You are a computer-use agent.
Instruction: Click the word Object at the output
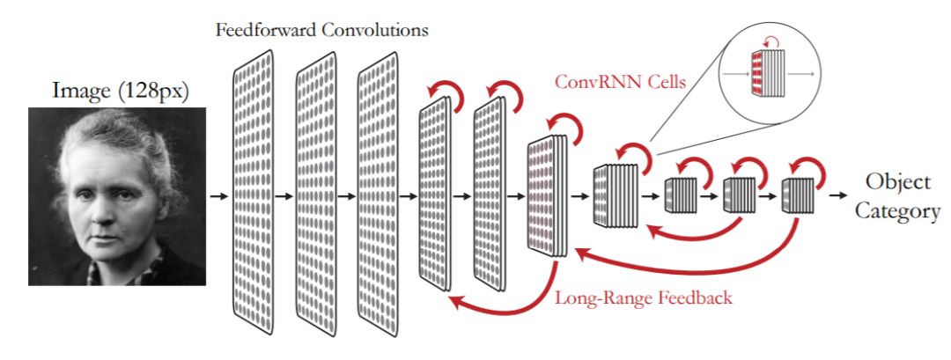pos(897,182)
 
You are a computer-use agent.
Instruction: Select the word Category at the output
pos(896,211)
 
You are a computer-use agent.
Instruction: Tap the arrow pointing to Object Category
pos(844,195)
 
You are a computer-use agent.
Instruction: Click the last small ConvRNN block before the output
pos(798,195)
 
